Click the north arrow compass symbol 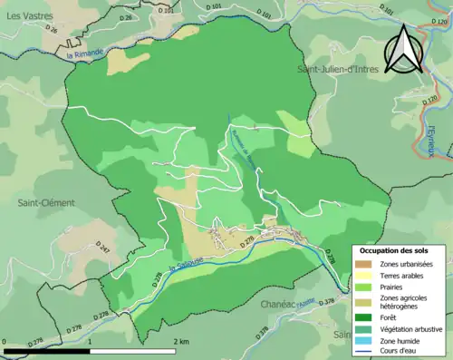[x=404, y=49]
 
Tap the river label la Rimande [x=87, y=54]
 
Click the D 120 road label [x=429, y=97]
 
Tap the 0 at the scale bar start [x=5, y=342]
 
